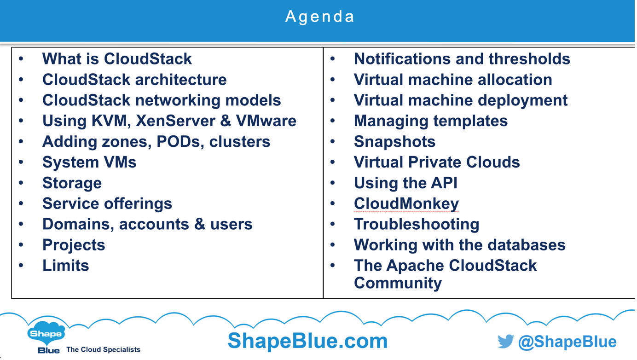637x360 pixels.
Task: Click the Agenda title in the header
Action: pyautogui.click(x=319, y=17)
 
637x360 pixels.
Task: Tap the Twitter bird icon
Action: pyautogui.click(x=506, y=341)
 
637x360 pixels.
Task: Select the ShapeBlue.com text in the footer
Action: pyautogui.click(x=308, y=341)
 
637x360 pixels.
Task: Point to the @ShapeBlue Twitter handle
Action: pyautogui.click(x=568, y=342)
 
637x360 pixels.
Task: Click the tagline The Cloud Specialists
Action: pyautogui.click(x=103, y=349)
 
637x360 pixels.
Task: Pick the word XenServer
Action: pyautogui.click(x=175, y=121)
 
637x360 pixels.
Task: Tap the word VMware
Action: pyautogui.click(x=266, y=121)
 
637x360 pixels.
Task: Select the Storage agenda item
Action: pyautogui.click(x=72, y=183)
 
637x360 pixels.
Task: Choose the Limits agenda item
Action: pyautogui.click(x=66, y=266)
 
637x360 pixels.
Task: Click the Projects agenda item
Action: pyautogui.click(x=74, y=245)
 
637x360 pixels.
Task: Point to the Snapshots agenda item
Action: pyautogui.click(x=394, y=142)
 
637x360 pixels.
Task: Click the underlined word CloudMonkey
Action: pyautogui.click(x=406, y=203)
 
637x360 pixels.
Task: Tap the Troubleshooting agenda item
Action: pyautogui.click(x=417, y=224)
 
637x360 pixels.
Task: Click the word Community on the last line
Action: pyautogui.click(x=398, y=283)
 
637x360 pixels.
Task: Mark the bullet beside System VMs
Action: pyautogui.click(x=21, y=162)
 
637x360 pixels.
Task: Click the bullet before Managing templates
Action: pyautogui.click(x=333, y=121)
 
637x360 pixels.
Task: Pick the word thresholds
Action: pyautogui.click(x=529, y=59)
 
